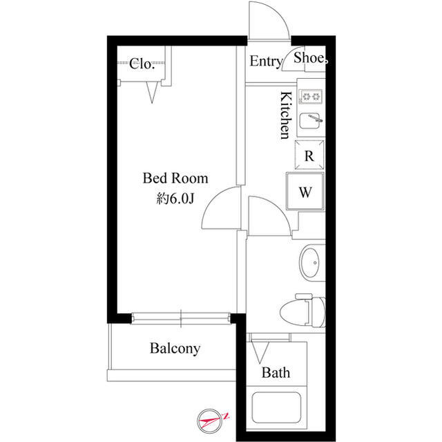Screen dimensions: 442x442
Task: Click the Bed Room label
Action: point(175,178)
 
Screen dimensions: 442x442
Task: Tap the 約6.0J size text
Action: point(175,199)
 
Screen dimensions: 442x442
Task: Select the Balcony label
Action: point(175,349)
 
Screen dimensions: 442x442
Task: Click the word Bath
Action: point(276,373)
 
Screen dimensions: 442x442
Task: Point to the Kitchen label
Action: point(285,115)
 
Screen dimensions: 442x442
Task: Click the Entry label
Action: point(267,62)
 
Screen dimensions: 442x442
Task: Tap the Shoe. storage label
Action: point(311,58)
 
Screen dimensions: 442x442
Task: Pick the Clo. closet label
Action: point(142,64)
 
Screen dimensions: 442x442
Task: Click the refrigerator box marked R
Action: point(309,155)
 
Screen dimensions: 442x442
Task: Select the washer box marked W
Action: point(305,192)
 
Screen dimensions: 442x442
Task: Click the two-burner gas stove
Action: point(310,97)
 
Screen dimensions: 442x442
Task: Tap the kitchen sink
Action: point(311,120)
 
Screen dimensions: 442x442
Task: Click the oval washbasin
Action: point(309,263)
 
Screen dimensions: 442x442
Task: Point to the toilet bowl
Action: point(302,311)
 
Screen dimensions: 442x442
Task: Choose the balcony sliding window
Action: point(181,318)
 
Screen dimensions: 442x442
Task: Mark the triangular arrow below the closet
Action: point(152,92)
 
